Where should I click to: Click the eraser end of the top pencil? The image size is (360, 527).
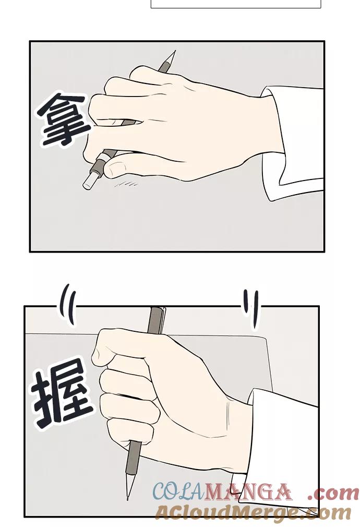[89, 181]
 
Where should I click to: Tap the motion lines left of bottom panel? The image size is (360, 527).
[68, 304]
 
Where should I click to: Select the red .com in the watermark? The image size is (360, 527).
[333, 493]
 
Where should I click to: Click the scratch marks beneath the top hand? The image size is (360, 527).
[127, 184]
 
